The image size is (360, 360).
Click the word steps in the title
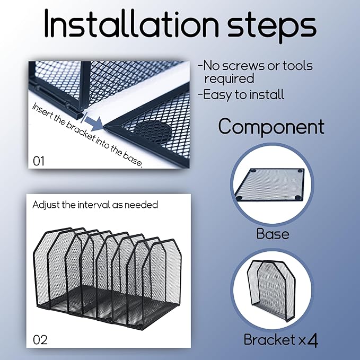(x=272, y=27)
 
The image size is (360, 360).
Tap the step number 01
(x=39, y=161)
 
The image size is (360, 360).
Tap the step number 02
(x=40, y=340)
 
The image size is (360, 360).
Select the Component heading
(x=271, y=127)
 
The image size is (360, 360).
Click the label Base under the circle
(x=273, y=234)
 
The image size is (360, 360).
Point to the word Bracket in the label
(x=269, y=339)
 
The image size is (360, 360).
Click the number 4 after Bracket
(x=312, y=340)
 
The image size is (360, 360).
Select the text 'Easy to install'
(x=241, y=94)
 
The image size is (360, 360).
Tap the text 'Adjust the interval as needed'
(x=95, y=205)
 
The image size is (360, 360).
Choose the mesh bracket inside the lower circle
(x=271, y=290)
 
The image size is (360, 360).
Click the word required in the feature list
(x=229, y=79)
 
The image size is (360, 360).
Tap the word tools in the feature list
(x=297, y=66)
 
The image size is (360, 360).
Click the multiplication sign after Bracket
(x=301, y=341)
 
